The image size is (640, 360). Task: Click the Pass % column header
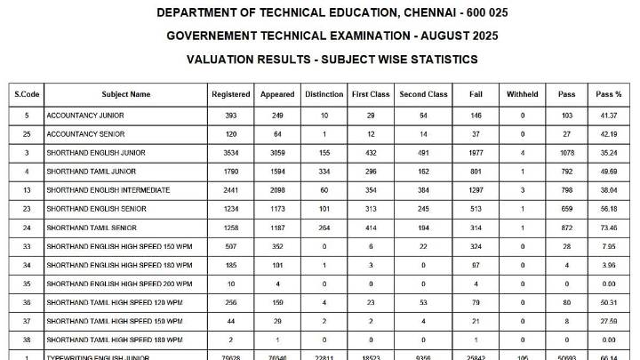tap(609, 94)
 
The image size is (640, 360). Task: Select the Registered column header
tap(231, 94)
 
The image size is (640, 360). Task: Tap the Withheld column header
tap(523, 94)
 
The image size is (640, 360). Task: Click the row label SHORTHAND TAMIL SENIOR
tap(90, 228)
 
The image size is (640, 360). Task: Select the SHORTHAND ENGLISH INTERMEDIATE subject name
tap(108, 190)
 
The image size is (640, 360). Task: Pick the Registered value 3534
tap(231, 153)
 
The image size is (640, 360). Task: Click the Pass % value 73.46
tap(609, 228)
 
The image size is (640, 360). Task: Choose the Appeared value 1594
tap(277, 172)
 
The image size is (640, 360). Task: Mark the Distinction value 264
tap(324, 228)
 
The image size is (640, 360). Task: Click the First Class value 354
tap(371, 190)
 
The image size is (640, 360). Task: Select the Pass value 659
tap(567, 209)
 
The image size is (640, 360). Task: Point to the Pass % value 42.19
tap(609, 134)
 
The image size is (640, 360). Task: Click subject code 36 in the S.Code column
tap(27, 302)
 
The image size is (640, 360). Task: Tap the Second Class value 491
tap(424, 153)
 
